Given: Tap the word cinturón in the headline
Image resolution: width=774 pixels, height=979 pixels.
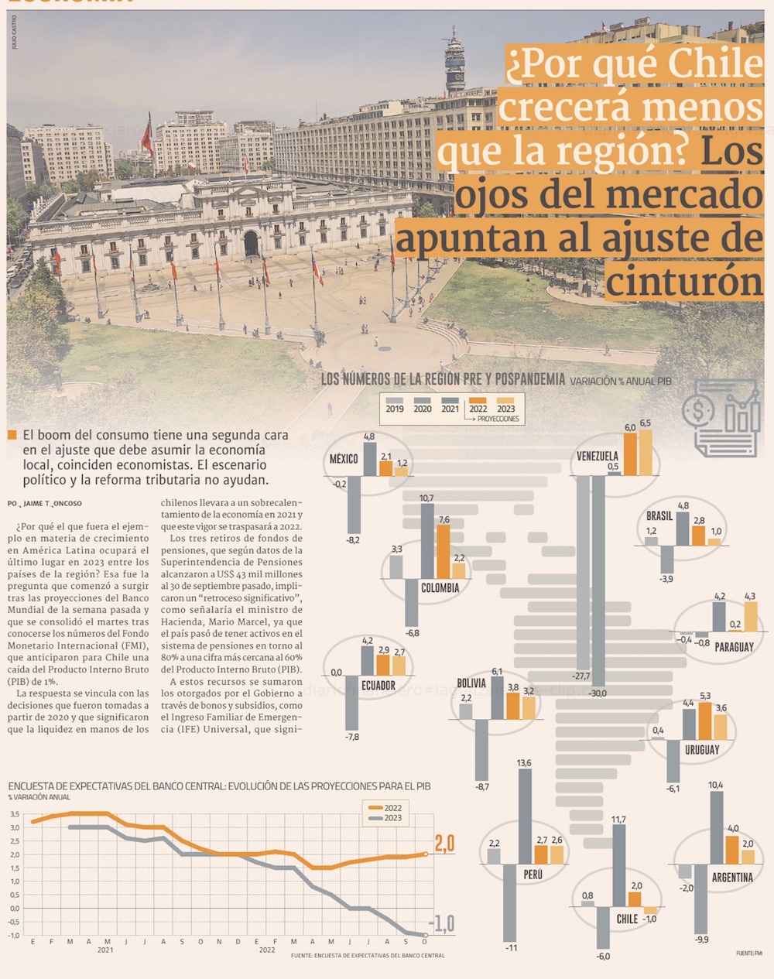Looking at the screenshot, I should click(684, 279).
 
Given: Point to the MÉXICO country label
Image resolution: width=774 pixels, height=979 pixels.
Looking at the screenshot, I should click(344, 459).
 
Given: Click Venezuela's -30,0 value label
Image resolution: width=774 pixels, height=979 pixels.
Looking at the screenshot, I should click(598, 693).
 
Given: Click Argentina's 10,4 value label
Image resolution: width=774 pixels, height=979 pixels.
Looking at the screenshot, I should click(715, 785).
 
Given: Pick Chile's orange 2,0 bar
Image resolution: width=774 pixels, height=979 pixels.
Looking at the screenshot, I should click(635, 899).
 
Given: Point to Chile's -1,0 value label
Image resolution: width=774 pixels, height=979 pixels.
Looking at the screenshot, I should click(650, 919).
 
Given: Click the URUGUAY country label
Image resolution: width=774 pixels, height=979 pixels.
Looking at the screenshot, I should click(701, 749).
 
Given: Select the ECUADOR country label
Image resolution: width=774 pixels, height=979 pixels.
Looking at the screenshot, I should click(378, 686).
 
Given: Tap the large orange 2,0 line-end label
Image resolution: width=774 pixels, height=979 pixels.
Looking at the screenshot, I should click(444, 844).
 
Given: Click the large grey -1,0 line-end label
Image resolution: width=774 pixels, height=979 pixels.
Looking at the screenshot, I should click(442, 923).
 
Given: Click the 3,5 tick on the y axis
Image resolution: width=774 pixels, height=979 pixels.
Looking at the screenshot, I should click(15, 814).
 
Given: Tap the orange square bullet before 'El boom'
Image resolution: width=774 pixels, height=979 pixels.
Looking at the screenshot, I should click(12, 436).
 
